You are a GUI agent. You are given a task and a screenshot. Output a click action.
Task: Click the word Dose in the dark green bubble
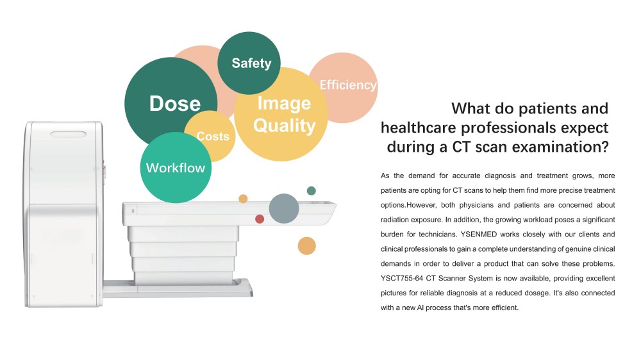pyautogui.click(x=175, y=103)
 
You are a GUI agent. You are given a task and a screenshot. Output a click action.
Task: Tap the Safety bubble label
pyautogui.click(x=251, y=63)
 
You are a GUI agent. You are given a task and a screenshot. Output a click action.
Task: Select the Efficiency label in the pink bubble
pyautogui.click(x=348, y=85)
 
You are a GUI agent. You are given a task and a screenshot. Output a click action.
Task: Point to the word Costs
pyautogui.click(x=213, y=136)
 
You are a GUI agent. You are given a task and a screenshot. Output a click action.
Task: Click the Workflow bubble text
pyautogui.click(x=176, y=168)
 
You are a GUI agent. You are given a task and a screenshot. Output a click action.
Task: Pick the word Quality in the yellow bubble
pyautogui.click(x=285, y=126)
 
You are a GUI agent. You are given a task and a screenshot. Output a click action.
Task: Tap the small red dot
pyautogui.click(x=260, y=219)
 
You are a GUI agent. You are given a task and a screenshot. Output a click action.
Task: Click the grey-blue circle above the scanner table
pyautogui.click(x=284, y=208)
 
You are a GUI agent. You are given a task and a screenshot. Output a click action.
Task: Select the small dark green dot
pyautogui.click(x=311, y=190)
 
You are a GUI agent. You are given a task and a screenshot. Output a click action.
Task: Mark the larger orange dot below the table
pyautogui.click(x=306, y=246)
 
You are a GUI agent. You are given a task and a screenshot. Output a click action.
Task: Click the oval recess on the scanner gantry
pyautogui.click(x=69, y=134)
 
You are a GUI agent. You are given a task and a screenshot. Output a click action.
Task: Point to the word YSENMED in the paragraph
pyautogui.click(x=479, y=234)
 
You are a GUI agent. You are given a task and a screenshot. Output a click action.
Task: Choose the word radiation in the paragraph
pyautogui.click(x=394, y=220)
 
